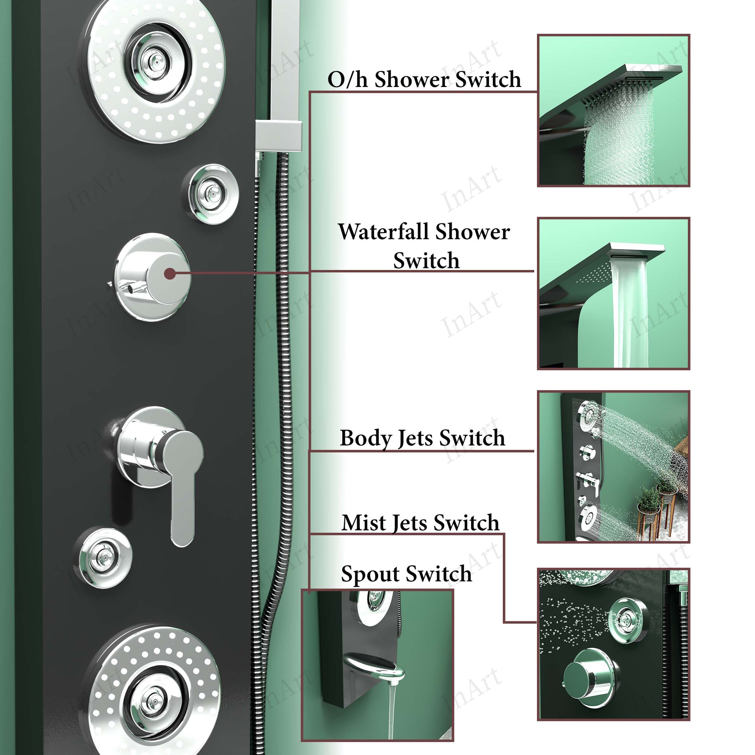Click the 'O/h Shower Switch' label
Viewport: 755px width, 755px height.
pos(424,79)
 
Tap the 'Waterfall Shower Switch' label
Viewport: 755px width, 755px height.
pos(424,246)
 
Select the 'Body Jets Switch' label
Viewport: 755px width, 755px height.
pos(423,438)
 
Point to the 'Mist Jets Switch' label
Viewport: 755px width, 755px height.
pos(420,523)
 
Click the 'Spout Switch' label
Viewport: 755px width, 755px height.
pos(407,575)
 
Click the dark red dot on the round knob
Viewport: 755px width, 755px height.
pos(170,274)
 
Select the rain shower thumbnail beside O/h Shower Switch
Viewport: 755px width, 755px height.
pos(613,110)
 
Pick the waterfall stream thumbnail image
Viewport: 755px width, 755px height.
pos(613,293)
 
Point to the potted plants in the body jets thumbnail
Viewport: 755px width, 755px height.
pos(656,508)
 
